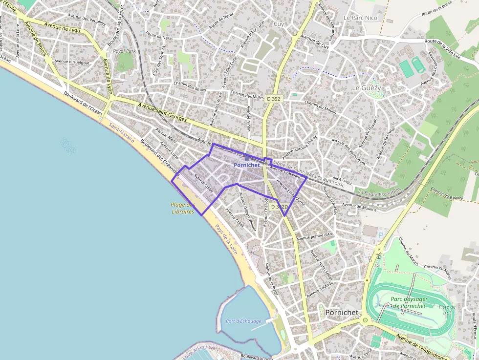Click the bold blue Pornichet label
coord(246,165)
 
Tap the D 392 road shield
coord(274,98)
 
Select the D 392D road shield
coord(279,207)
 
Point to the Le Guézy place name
coord(366,87)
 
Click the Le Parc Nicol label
coord(361,18)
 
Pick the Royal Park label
coord(124,51)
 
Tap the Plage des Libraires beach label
coord(182,209)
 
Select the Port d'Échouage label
coord(244,321)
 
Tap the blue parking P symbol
coord(381,235)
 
